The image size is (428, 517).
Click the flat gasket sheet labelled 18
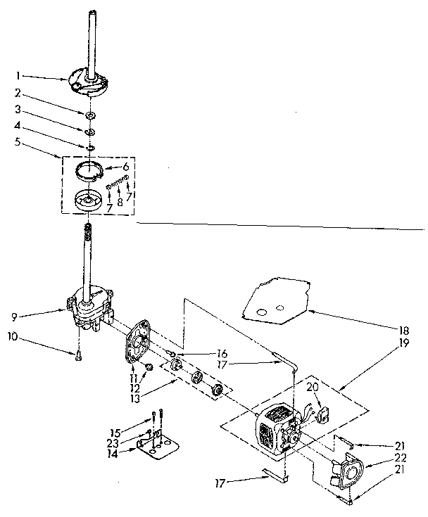coord(278,300)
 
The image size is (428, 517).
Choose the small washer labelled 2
coord(92,114)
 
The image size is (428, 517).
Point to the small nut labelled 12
coord(149,367)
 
